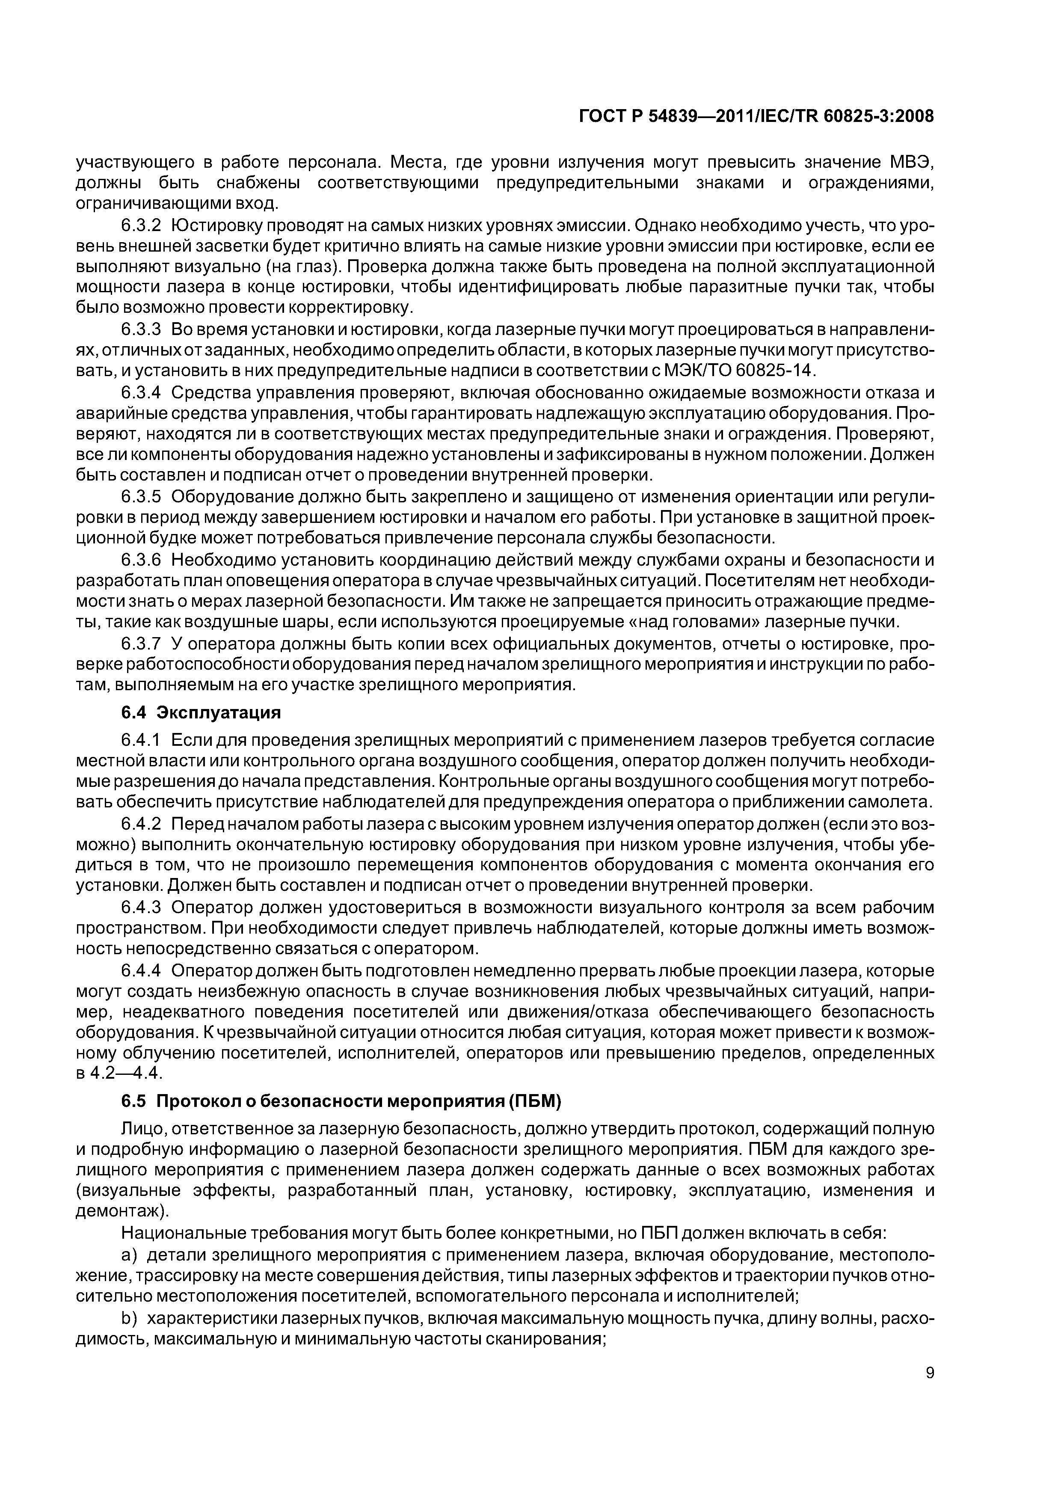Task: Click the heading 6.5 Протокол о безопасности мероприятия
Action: point(342,1101)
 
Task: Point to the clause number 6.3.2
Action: point(141,225)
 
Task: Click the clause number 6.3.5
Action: point(141,497)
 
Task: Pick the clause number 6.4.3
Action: point(141,908)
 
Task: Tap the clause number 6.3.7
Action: point(141,644)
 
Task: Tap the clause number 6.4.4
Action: point(141,970)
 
